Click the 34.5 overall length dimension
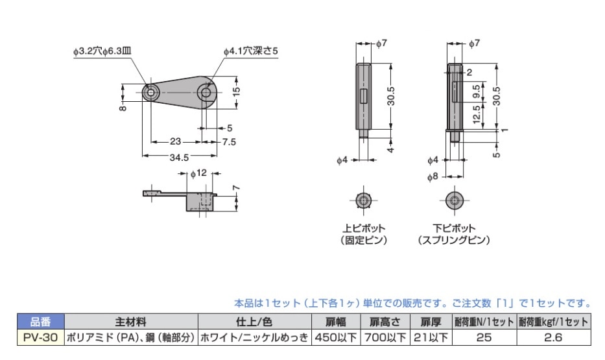point(179,158)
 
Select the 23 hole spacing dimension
point(176,141)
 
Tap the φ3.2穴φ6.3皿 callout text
point(102,51)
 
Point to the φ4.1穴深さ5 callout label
point(251,51)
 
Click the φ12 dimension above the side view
point(198,173)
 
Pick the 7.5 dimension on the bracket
point(229,142)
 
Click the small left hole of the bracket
point(151,93)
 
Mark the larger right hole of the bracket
point(206,93)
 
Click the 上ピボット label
point(364,228)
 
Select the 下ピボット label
point(454,228)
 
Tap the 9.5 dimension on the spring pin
point(476,92)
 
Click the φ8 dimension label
point(433,177)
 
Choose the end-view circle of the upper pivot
point(364,200)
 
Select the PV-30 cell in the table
point(40,337)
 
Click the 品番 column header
point(40,322)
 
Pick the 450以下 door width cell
point(336,337)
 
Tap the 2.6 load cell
point(553,337)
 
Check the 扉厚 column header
point(430,322)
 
